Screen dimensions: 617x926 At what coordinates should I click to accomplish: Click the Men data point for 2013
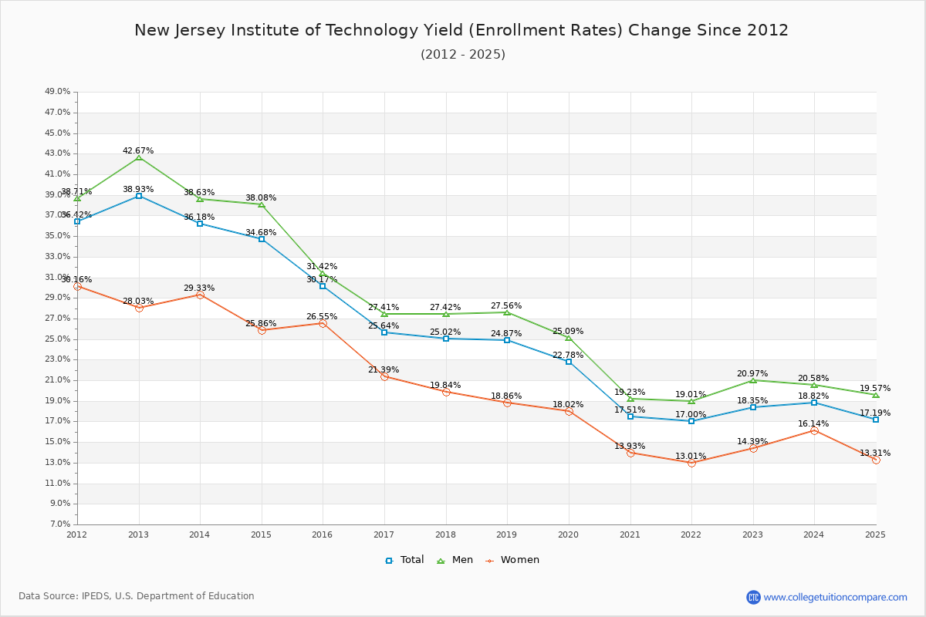coord(139,157)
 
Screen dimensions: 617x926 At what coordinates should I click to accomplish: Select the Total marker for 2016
coord(323,286)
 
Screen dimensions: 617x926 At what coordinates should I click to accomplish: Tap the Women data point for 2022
coord(691,463)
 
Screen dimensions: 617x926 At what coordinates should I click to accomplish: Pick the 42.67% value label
coord(138,150)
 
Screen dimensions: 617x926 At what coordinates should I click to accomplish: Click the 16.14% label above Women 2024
coord(813,423)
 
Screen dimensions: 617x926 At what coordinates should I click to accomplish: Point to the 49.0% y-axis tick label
coord(58,92)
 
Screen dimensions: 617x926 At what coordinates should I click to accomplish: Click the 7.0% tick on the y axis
coord(60,524)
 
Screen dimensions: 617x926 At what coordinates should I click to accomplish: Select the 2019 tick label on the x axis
coord(507,534)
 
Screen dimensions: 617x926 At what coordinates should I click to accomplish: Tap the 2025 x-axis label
coord(875,534)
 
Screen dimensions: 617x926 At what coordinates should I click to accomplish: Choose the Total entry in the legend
coord(405,560)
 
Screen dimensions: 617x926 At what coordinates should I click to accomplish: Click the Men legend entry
coord(455,560)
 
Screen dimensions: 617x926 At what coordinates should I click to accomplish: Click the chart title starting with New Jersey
coord(461,30)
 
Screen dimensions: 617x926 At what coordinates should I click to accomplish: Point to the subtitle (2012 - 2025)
coord(463,54)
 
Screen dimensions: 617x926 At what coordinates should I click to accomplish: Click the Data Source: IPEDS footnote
coord(137,596)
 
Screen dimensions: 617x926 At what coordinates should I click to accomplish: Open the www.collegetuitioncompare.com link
coord(835,597)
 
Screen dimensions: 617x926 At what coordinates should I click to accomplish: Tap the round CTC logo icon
coord(753,597)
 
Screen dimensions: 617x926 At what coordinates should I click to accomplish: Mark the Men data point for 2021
coord(630,399)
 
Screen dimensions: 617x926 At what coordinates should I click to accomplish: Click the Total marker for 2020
coord(569,362)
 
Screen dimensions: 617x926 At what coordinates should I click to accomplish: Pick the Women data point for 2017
coord(384,376)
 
